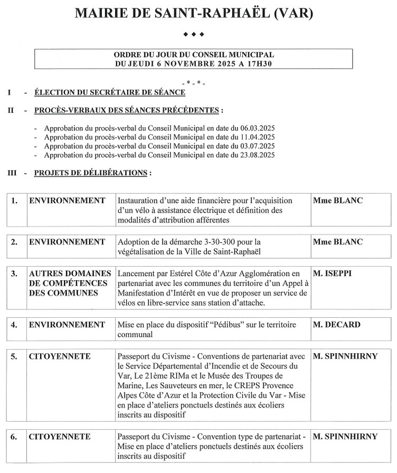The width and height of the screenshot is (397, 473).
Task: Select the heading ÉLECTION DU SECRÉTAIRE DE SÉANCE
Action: coord(110,93)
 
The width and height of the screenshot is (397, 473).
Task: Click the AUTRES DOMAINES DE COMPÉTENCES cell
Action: coord(70,283)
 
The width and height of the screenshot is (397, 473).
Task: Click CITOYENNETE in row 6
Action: coord(60,437)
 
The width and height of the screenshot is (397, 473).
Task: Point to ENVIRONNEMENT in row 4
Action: coord(67,324)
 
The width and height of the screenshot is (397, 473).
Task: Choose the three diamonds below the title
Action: coord(193,34)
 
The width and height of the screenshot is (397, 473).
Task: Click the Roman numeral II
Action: coord(11,111)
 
